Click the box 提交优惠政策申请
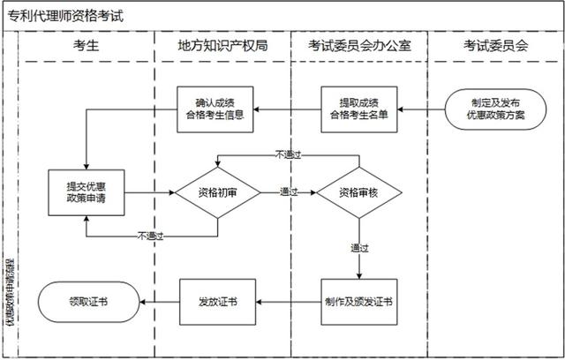(x=86, y=191)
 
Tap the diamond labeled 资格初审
(x=217, y=191)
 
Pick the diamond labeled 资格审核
(x=358, y=191)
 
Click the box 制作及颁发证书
(x=358, y=301)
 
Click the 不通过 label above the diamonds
(x=289, y=154)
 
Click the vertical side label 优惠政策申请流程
(x=10, y=300)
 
